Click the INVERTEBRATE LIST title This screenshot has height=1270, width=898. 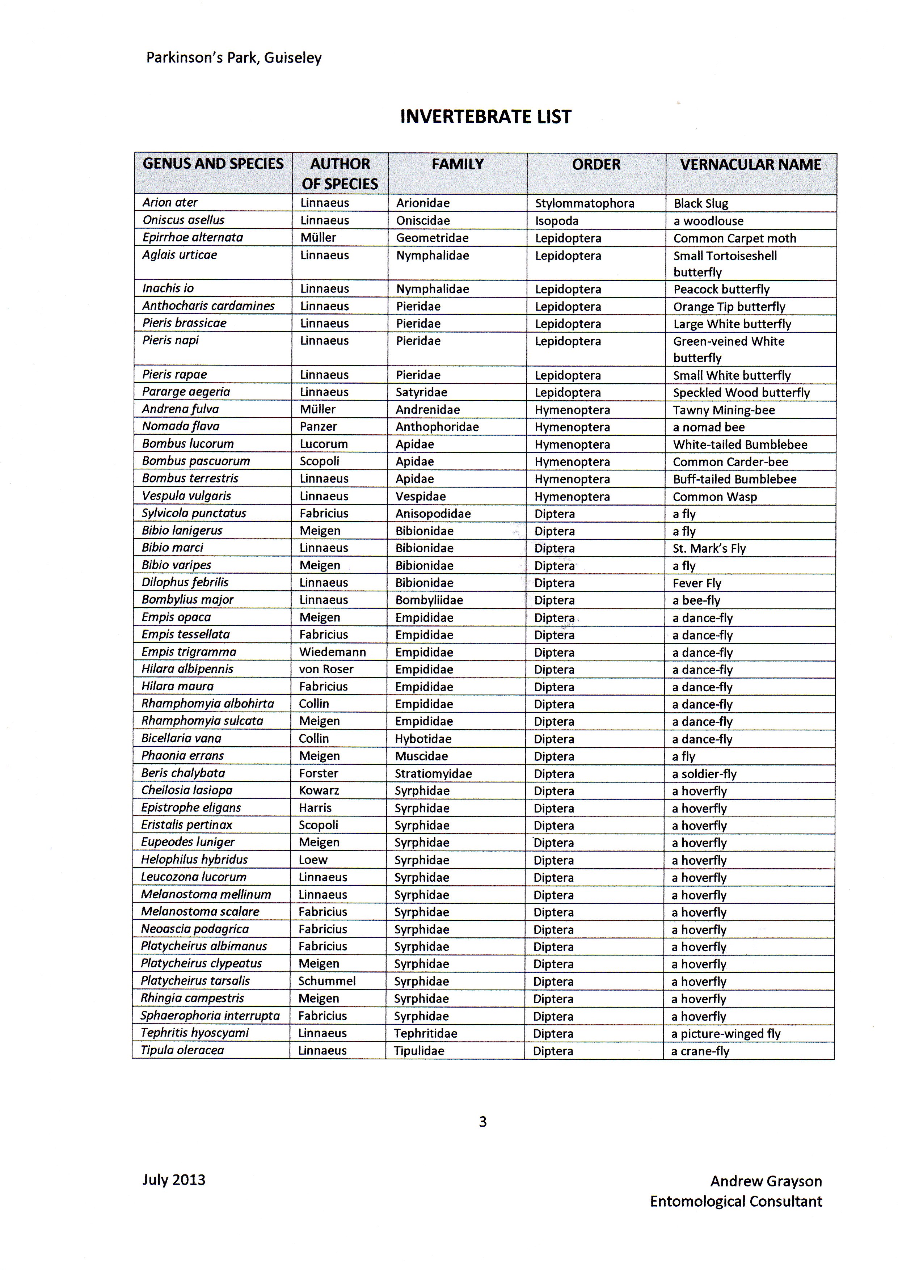(x=485, y=117)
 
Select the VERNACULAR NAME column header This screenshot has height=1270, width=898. (x=750, y=164)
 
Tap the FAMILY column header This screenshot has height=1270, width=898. (x=458, y=164)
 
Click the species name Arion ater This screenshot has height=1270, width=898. (x=170, y=202)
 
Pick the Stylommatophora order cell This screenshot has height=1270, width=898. (x=584, y=203)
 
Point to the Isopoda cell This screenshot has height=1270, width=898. (x=557, y=221)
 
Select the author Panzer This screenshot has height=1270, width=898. (x=318, y=426)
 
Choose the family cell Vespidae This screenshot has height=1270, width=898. (x=421, y=496)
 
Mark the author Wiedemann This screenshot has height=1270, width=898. (x=333, y=652)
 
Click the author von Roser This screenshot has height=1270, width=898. (x=326, y=669)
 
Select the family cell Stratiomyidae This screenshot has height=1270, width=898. (x=433, y=773)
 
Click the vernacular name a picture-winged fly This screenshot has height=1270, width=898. (x=725, y=1034)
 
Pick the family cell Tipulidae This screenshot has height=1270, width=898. (x=419, y=1051)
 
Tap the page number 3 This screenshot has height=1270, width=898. (x=482, y=1122)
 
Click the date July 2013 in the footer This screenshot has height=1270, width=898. (x=174, y=1180)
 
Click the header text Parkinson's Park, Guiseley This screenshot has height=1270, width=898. (x=233, y=58)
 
